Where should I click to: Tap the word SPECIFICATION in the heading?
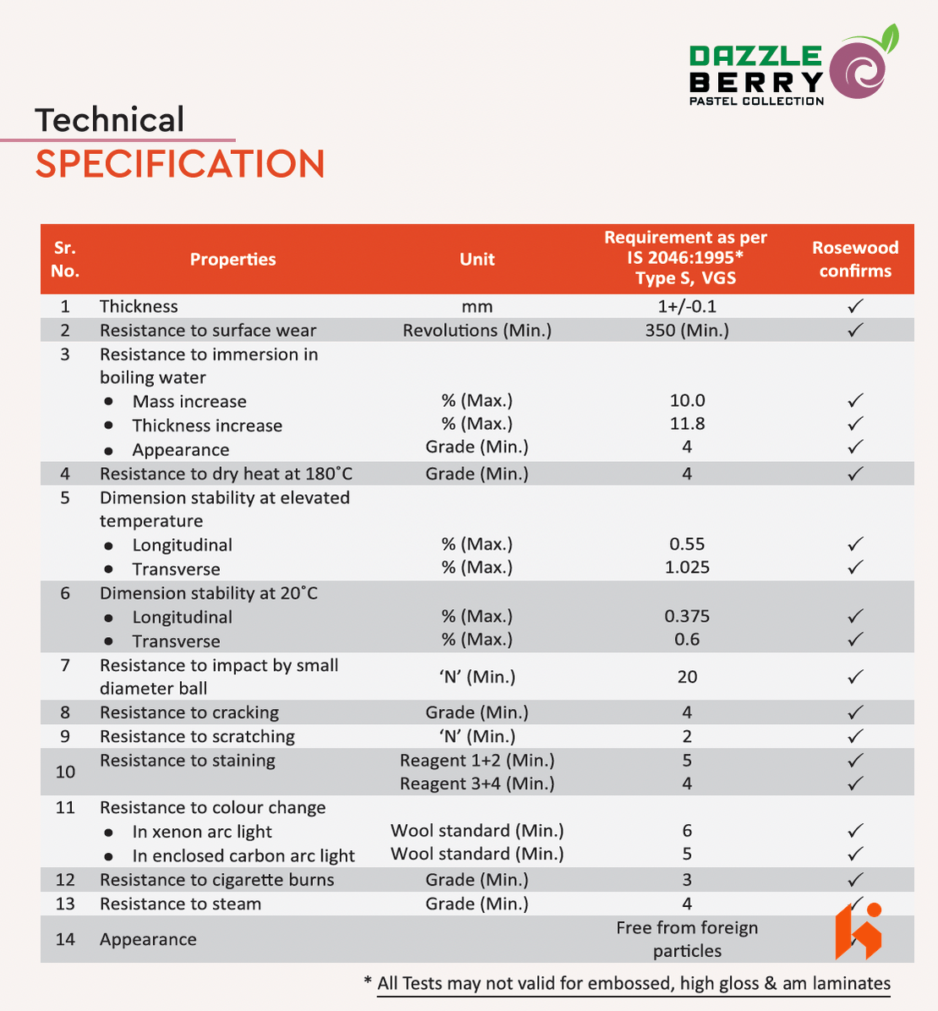(x=180, y=164)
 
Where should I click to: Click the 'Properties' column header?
(x=233, y=260)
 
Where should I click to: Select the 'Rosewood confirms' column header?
(x=855, y=259)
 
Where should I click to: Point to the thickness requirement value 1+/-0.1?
(x=687, y=306)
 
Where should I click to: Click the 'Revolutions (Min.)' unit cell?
(x=477, y=330)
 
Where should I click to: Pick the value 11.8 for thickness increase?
(x=687, y=424)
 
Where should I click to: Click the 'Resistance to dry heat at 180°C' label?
(x=226, y=474)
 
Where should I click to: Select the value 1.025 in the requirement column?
(x=687, y=568)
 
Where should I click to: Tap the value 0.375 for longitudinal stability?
(x=687, y=617)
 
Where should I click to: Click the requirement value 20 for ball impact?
(x=687, y=677)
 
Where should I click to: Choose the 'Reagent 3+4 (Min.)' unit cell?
(x=477, y=784)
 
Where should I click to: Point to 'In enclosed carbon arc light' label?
(x=244, y=855)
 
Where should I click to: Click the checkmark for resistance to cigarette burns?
(x=855, y=880)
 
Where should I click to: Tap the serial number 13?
(x=65, y=904)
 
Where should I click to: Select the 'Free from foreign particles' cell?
(x=687, y=939)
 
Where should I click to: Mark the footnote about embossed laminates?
(x=634, y=983)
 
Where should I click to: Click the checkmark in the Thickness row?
(x=855, y=306)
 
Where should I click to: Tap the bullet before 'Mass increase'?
(x=108, y=402)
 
